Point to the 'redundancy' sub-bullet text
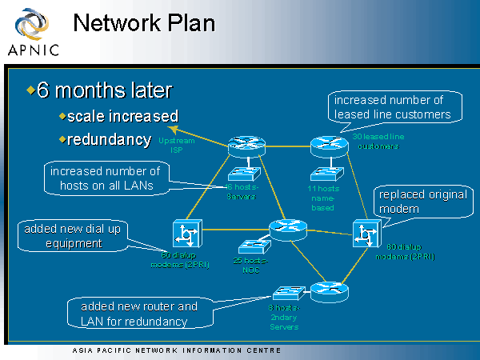(x=109, y=139)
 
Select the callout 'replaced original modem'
(x=411, y=202)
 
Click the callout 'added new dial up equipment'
(x=73, y=236)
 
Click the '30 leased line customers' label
(x=378, y=142)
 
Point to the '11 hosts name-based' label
(x=324, y=197)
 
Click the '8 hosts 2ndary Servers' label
(x=283, y=317)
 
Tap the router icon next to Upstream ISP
(x=241, y=146)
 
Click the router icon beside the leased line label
(x=325, y=146)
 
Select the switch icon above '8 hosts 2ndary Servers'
(x=286, y=292)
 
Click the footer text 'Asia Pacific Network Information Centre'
(x=176, y=350)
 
